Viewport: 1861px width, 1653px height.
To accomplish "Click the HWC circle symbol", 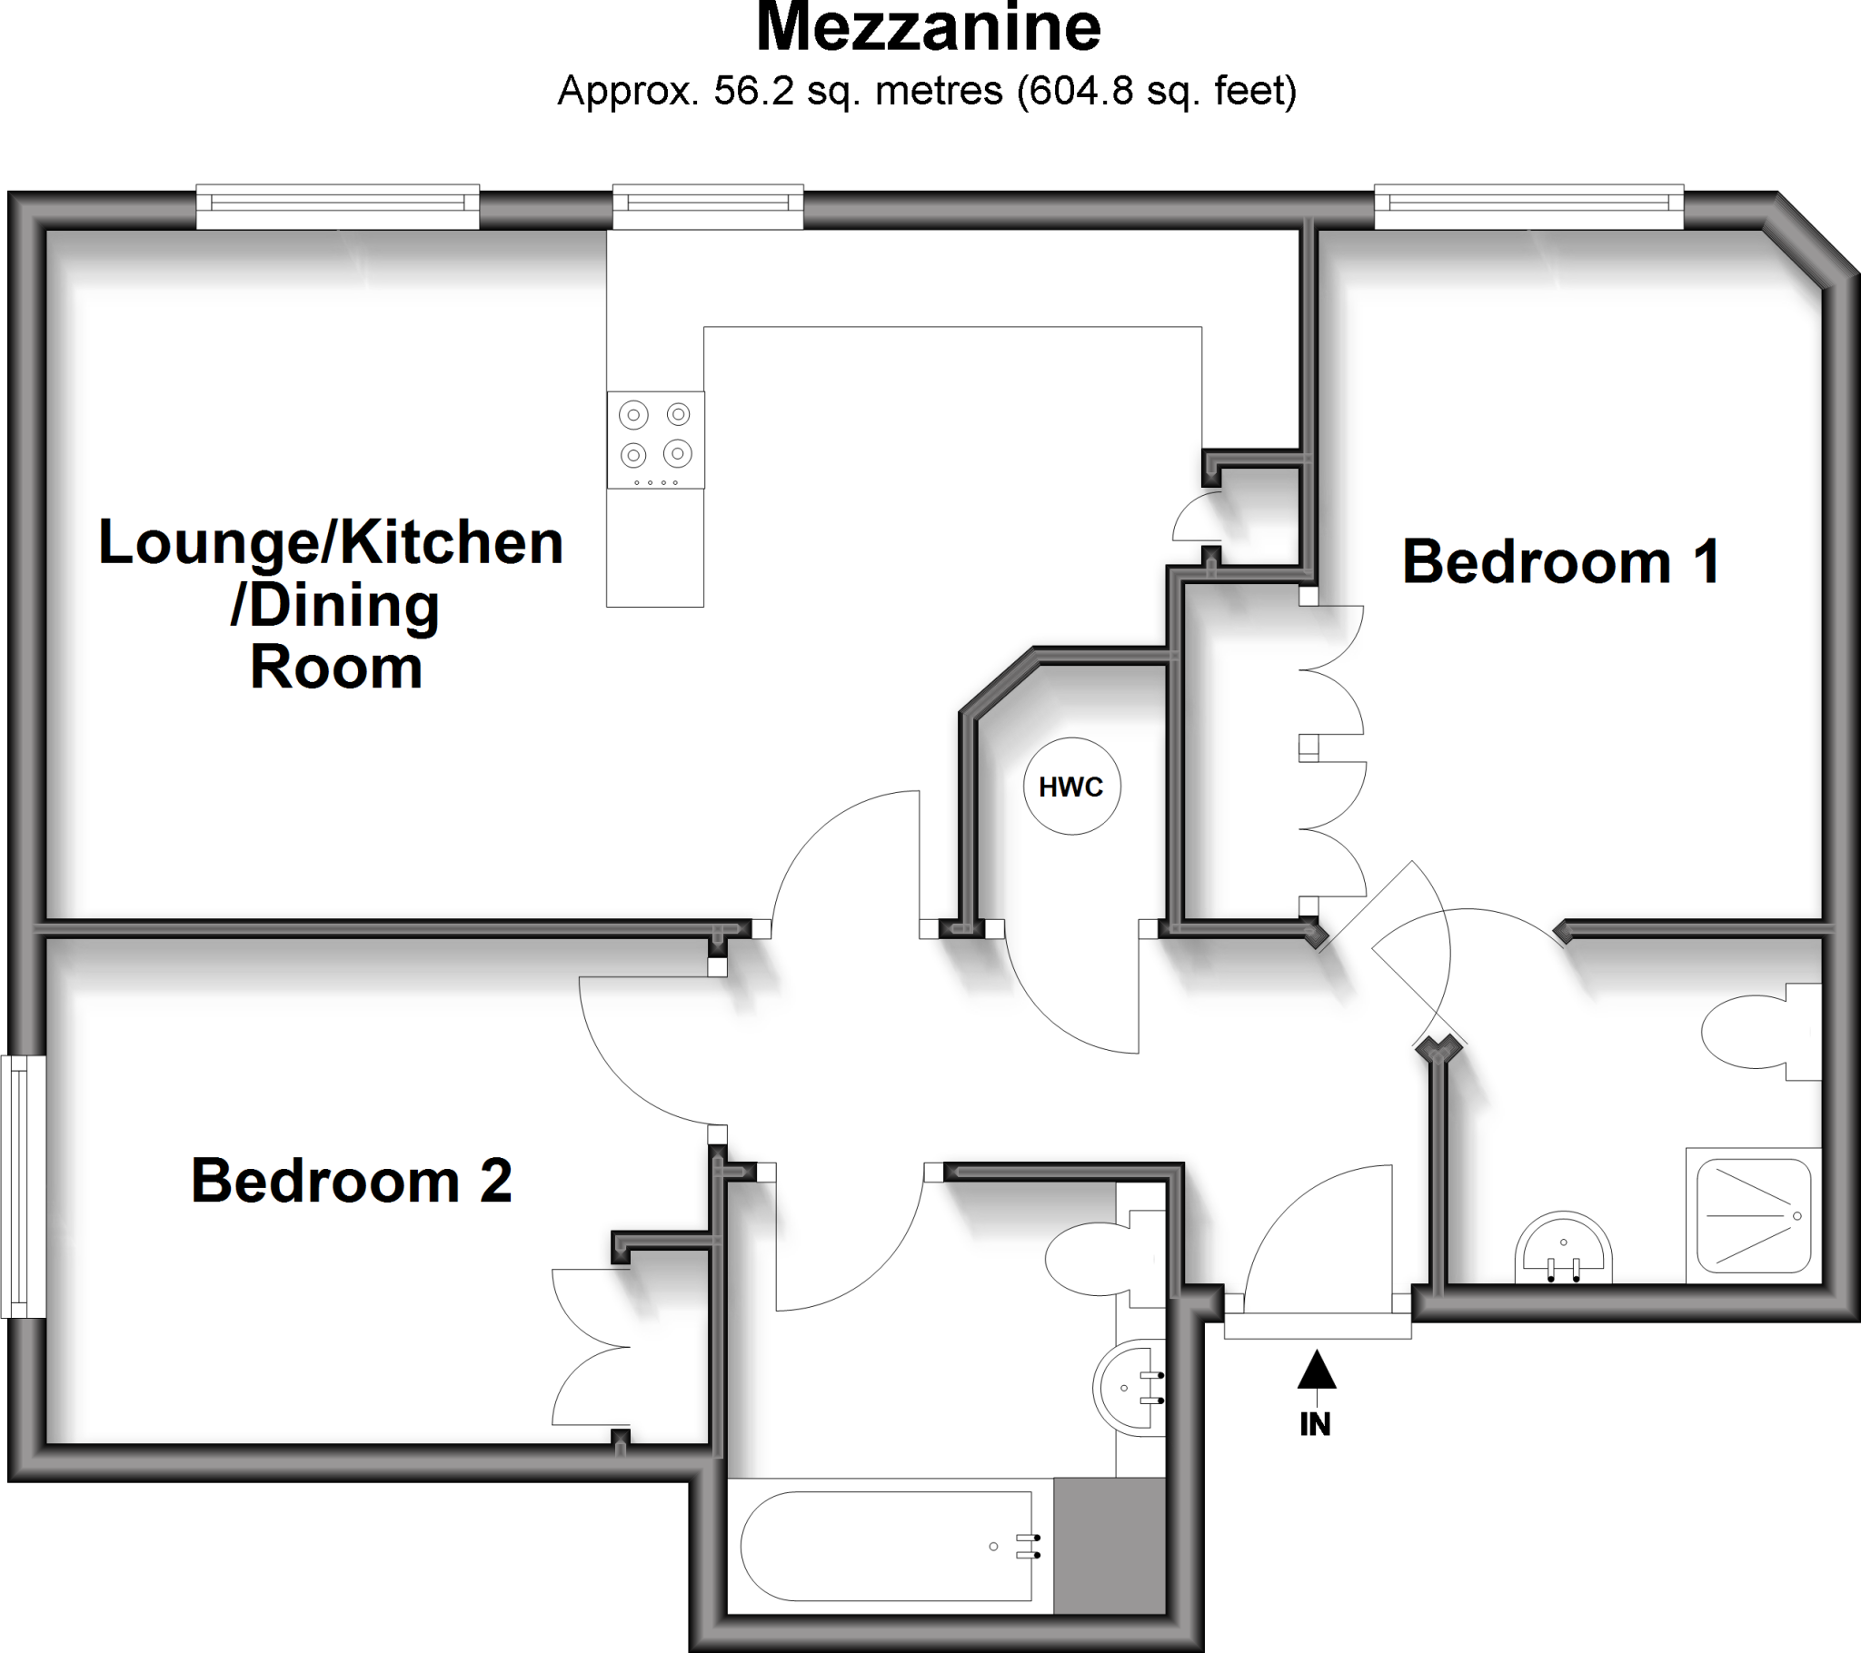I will coord(1071,786).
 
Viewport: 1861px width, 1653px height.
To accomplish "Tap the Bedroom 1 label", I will coord(1560,561).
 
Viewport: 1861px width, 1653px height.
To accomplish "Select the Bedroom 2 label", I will coord(352,1182).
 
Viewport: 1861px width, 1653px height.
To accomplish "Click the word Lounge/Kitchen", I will coord(331,542).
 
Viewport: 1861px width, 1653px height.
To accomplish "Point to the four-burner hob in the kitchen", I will coord(655,440).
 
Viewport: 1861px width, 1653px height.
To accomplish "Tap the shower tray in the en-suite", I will coord(1753,1216).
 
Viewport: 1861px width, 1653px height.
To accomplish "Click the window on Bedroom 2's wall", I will coord(23,1186).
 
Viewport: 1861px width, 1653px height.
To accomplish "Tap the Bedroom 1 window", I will coord(1528,208).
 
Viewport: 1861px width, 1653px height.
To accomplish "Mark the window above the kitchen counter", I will coord(708,208).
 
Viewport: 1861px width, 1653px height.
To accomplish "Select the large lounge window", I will coord(338,208).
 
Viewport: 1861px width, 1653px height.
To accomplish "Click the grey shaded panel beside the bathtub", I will coord(1109,1546).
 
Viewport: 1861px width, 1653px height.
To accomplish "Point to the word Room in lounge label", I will coord(336,668).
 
